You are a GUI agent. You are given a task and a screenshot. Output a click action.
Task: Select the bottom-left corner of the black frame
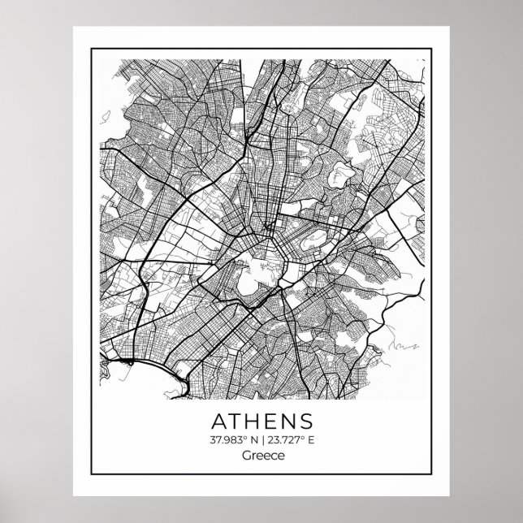tap(87, 479)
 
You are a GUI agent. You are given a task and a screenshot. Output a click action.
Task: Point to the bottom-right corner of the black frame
tap(436, 479)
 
